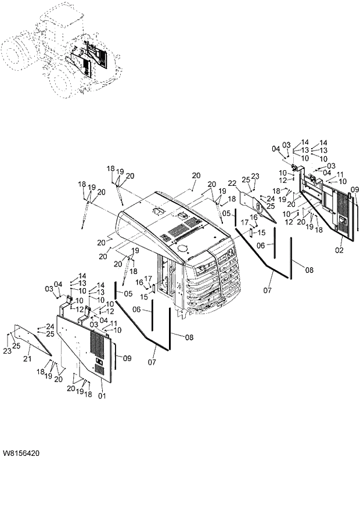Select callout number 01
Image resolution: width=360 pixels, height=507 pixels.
103,396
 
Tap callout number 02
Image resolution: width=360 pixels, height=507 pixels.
339,250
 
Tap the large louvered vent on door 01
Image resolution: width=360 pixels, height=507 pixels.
99,348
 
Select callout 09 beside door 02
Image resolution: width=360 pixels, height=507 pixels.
355,189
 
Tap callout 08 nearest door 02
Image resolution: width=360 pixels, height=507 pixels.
308,270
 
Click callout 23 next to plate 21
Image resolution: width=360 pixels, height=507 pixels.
8,351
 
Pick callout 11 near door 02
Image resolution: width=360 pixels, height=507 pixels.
340,174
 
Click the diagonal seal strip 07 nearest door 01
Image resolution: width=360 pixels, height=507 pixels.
140,326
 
